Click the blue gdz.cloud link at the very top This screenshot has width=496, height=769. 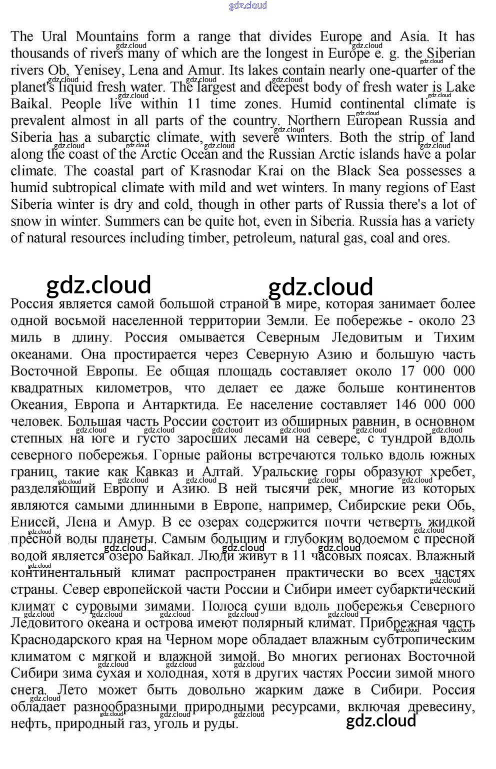pyautogui.click(x=247, y=6)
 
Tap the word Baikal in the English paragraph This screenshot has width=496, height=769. pyautogui.click(x=30, y=104)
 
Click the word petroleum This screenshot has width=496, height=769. pyautogui.click(x=263, y=238)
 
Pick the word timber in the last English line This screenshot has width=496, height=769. pyautogui.click(x=206, y=238)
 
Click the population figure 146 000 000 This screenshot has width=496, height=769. pyautogui.click(x=434, y=405)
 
